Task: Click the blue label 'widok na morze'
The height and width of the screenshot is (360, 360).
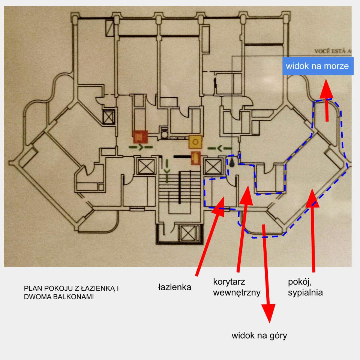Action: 317,66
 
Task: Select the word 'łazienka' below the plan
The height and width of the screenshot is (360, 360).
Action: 174,288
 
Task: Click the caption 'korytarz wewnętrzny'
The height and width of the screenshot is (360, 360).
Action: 236,287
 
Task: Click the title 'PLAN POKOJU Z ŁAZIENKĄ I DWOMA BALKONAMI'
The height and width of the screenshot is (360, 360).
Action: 71,293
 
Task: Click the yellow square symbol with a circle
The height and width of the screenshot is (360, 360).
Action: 195,141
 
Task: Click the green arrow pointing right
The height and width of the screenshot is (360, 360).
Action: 140,147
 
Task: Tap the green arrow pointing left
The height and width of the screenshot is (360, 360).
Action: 219,148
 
